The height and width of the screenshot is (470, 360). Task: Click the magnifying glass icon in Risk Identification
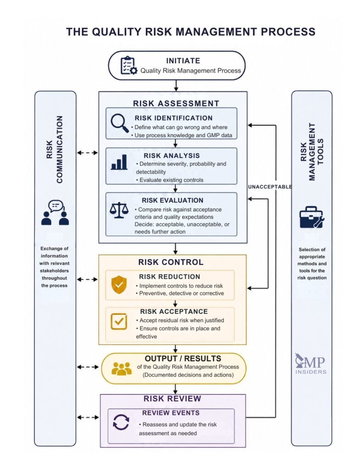point(120,123)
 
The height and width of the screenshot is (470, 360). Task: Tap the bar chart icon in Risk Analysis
point(119,162)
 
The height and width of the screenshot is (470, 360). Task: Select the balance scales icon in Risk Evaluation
point(119,210)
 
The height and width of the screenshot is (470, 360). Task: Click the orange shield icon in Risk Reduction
point(119,285)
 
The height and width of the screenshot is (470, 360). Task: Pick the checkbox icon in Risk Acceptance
point(119,321)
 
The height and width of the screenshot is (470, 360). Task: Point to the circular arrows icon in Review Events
point(121,422)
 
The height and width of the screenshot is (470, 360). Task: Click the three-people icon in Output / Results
point(121,369)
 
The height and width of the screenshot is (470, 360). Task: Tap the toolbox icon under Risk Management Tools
point(312,217)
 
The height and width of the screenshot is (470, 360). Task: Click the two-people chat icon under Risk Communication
point(55,213)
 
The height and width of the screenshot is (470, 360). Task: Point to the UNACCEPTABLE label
point(270,187)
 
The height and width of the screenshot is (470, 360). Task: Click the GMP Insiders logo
point(310,364)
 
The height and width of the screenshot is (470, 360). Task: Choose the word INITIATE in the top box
point(183,61)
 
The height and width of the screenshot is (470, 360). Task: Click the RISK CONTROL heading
point(171,262)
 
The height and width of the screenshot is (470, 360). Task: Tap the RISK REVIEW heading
point(172,399)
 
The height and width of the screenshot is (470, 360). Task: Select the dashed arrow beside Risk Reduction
point(88,280)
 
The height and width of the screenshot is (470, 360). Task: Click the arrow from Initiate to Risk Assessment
point(176,85)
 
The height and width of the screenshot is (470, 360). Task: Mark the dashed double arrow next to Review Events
point(88,417)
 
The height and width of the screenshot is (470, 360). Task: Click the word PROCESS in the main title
point(288,32)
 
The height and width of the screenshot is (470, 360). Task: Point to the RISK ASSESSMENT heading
point(176,103)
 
